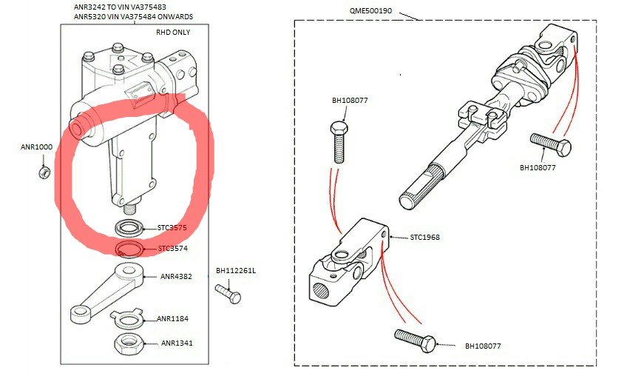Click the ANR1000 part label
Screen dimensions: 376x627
point(36,147)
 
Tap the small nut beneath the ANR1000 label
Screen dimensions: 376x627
point(44,172)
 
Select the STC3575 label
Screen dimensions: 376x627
point(172,228)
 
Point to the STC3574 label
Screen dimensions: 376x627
point(172,249)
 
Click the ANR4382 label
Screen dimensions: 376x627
point(176,277)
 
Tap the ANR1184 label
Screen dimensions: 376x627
point(172,319)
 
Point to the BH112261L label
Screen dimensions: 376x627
point(236,270)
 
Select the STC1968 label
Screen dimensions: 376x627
point(425,238)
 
